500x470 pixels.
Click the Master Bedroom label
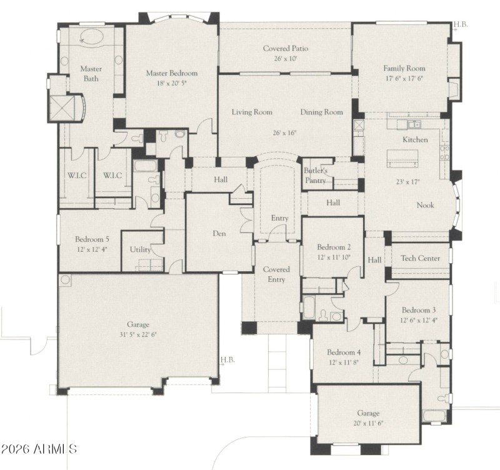171,73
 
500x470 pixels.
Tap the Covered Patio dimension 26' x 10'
284,59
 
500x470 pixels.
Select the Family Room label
404,69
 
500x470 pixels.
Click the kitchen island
405,159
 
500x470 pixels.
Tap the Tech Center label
420,258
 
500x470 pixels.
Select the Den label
219,234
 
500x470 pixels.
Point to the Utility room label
140,249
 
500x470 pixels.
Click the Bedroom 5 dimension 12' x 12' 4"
92,250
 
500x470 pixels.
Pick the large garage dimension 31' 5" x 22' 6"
138,334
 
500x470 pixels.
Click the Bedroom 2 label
334,247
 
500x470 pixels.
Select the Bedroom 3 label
418,310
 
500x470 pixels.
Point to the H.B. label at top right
461,24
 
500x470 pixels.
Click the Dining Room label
321,112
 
